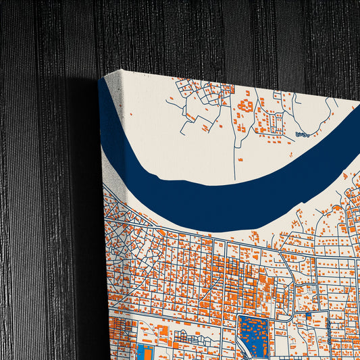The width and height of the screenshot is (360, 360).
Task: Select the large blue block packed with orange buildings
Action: point(254,334)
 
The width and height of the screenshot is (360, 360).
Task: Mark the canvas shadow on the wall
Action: point(81,203)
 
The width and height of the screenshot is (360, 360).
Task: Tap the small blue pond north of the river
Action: point(302,134)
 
